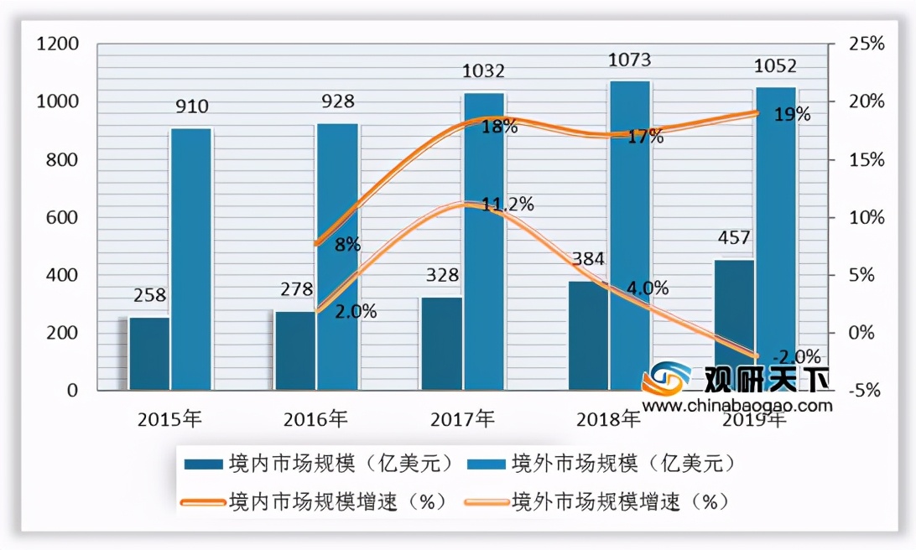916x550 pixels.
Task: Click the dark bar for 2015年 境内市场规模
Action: point(149,353)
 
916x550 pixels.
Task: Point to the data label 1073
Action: point(629,60)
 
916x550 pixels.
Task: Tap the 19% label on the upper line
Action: point(792,115)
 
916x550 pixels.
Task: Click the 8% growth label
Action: point(346,245)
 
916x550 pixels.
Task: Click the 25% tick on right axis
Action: point(867,44)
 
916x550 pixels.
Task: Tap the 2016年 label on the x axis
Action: point(314,418)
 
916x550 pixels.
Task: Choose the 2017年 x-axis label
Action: point(461,418)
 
